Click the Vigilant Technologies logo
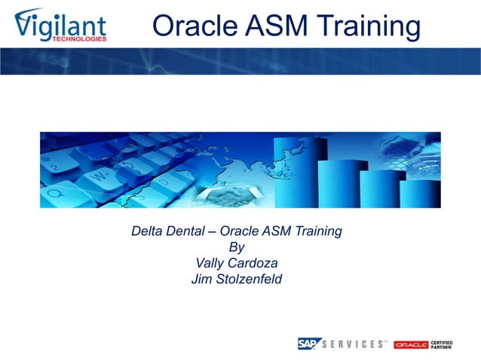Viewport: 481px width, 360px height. tap(60, 25)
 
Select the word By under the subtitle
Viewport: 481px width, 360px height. tap(236, 247)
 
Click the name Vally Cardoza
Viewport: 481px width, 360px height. tap(237, 264)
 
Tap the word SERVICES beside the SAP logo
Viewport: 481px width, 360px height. tap(352, 344)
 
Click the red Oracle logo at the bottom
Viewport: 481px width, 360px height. tap(411, 344)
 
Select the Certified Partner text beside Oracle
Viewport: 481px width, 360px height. tap(442, 344)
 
